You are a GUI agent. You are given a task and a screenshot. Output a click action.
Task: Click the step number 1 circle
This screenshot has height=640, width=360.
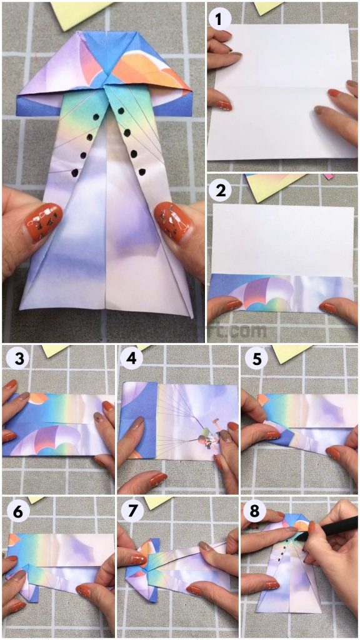[x=219, y=19]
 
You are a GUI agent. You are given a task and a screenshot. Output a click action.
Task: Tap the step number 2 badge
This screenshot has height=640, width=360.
[x=219, y=191]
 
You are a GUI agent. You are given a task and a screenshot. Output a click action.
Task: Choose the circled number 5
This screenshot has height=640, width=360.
[x=253, y=360]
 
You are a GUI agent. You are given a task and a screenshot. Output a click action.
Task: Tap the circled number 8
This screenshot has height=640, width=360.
[x=253, y=511]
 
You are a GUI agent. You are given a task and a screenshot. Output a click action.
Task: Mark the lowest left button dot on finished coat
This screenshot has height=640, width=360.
[x=76, y=172]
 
